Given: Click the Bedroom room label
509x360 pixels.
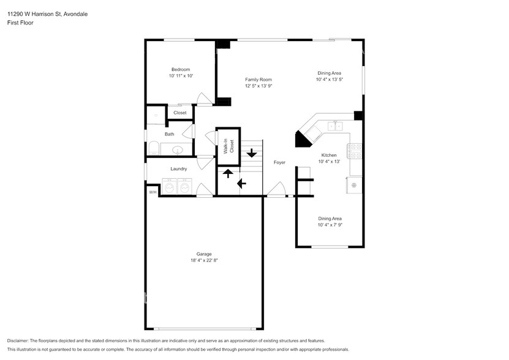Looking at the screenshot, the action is point(181,69).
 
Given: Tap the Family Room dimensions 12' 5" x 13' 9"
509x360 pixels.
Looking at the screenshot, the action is point(258,86).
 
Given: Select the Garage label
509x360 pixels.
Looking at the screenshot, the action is point(204,254).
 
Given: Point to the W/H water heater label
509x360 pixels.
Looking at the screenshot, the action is point(153,192).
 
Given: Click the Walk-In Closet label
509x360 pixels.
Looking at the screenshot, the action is point(229,146).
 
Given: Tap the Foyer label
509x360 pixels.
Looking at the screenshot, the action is point(279,162).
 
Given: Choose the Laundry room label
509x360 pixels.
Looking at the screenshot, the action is point(178,169).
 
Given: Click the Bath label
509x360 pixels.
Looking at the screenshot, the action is point(170,134).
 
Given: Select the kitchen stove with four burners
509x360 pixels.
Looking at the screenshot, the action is point(355,151).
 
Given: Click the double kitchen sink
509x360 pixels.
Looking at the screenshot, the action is point(335,126).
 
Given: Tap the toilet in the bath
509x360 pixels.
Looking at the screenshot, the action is point(154,148).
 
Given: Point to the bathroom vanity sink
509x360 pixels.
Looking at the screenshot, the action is point(177,150).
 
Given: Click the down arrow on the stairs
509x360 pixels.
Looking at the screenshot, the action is point(251,153).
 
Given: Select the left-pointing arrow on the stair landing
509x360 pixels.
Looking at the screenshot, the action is point(241,184).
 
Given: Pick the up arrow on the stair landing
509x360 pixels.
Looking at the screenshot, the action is point(228,174).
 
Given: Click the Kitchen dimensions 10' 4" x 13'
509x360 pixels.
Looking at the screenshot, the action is point(329,162).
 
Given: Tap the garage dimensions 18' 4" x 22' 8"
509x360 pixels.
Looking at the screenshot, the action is point(204,260).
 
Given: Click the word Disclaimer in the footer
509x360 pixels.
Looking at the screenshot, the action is point(18,341).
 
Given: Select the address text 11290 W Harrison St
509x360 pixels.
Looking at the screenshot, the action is point(34,14).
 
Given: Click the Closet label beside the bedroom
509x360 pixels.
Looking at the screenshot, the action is point(180,113).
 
